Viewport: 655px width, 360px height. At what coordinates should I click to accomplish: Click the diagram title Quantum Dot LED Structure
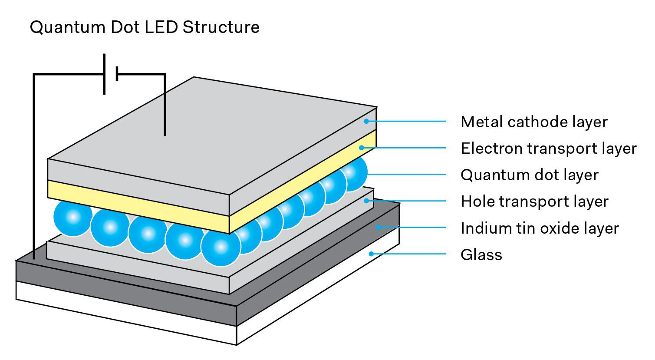click(145, 27)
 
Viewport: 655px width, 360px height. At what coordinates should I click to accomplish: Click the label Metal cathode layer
click(534, 122)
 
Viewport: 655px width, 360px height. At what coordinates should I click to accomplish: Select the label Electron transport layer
click(548, 149)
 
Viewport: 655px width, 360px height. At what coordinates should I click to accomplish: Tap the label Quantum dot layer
click(529, 175)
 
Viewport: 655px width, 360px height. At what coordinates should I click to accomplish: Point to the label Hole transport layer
click(534, 201)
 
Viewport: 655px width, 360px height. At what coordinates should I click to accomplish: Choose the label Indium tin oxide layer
click(540, 228)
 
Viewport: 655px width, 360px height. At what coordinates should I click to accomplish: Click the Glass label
click(481, 255)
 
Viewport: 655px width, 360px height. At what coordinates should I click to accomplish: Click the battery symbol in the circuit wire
click(111, 74)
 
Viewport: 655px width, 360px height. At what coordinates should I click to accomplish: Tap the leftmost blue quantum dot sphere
click(73, 217)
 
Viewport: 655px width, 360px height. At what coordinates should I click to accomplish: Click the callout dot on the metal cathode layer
click(366, 121)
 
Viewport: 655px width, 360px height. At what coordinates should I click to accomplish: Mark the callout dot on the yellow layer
click(361, 148)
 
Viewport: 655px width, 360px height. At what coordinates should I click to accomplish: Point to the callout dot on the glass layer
click(371, 254)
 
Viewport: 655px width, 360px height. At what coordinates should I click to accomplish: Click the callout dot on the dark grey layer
click(378, 227)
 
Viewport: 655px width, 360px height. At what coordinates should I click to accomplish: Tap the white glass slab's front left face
click(126, 313)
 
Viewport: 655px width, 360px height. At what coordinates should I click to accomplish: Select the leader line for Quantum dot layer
click(406, 174)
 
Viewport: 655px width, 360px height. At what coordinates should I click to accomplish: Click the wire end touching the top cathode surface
click(165, 134)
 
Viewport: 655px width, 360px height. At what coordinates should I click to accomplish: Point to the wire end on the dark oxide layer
click(34, 257)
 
